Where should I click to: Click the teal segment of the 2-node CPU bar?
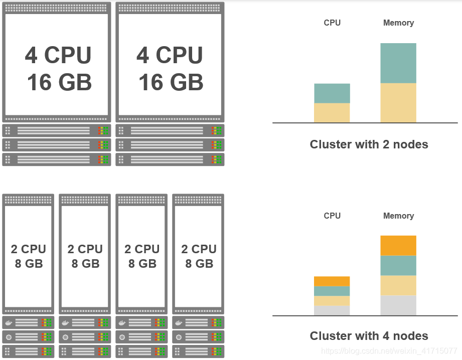pos(332,93)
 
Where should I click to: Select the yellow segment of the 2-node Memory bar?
pos(398,103)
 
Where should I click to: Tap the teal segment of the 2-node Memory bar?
pos(398,63)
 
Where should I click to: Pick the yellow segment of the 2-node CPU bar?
pos(332,113)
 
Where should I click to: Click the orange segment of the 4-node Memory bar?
pos(398,246)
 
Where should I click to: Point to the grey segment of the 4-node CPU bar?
pos(332,311)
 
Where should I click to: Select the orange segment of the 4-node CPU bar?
pos(332,281)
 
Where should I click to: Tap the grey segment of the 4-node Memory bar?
pos(398,305)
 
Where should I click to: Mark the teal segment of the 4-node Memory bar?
pos(398,266)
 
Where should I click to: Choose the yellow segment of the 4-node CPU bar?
pos(332,301)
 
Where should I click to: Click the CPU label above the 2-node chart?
pos(332,23)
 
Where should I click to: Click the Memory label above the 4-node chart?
pos(398,216)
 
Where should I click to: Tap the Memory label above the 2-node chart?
pos(398,23)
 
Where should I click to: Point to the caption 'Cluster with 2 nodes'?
pos(369,144)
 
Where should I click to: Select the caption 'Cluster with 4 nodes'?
pos(369,336)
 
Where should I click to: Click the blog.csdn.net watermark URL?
pos(389,351)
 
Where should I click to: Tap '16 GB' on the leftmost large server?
pos(59,83)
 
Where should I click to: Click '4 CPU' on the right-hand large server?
pos(170,55)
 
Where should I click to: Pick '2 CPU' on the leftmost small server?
pos(29,249)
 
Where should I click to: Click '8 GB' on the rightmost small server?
pos(199,264)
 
